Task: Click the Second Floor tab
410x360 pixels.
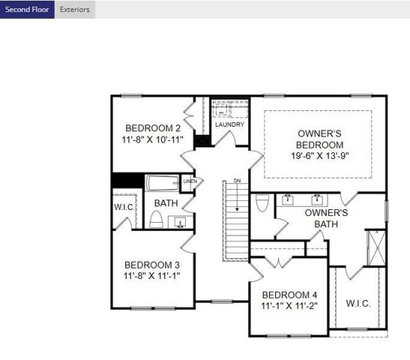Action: pyautogui.click(x=27, y=10)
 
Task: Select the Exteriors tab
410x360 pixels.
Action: pyautogui.click(x=74, y=10)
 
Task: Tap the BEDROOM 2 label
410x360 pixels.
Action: pyautogui.click(x=152, y=127)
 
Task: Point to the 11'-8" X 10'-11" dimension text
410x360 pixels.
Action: pyautogui.click(x=152, y=139)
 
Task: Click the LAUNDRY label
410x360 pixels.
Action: pyautogui.click(x=229, y=124)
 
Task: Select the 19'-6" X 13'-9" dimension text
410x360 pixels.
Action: pyautogui.click(x=319, y=156)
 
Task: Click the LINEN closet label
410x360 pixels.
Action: pyautogui.click(x=190, y=181)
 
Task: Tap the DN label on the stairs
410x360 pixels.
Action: pyautogui.click(x=237, y=181)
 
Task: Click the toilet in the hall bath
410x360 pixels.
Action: pyautogui.click(x=157, y=219)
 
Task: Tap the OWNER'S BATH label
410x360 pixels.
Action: pyautogui.click(x=326, y=217)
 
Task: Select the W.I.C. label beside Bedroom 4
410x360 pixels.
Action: pyautogui.click(x=358, y=303)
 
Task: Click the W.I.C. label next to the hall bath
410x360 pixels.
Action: pyautogui.click(x=124, y=206)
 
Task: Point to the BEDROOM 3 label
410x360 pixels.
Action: pyautogui.click(x=152, y=265)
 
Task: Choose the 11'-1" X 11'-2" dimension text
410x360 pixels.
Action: pyautogui.click(x=289, y=306)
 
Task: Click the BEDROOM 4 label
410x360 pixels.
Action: pyautogui.click(x=289, y=294)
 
